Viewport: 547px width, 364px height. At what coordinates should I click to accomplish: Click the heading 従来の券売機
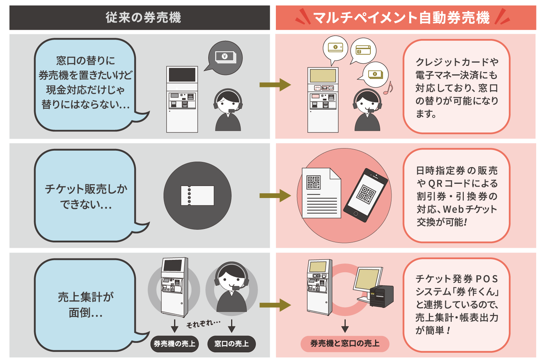click(x=143, y=17)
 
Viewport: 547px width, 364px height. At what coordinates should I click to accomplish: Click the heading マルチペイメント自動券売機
click(x=401, y=17)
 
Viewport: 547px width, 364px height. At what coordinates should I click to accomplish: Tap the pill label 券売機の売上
click(x=174, y=344)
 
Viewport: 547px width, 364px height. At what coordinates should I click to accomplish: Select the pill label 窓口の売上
click(x=232, y=344)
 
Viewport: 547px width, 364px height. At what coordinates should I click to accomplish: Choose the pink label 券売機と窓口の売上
click(x=345, y=344)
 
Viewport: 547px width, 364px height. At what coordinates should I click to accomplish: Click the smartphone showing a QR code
click(x=366, y=195)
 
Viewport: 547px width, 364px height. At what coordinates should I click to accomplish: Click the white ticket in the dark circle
click(x=197, y=195)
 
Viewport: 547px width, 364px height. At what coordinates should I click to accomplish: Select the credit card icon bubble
click(x=363, y=50)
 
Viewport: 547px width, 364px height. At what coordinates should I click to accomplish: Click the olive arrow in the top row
click(x=275, y=85)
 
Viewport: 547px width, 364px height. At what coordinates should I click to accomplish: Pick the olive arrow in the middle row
click(x=275, y=195)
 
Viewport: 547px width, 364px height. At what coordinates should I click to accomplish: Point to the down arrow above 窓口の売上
click(x=232, y=325)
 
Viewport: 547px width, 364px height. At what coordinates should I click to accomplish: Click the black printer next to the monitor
click(x=382, y=296)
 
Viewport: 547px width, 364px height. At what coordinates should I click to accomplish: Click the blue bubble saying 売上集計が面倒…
click(x=86, y=305)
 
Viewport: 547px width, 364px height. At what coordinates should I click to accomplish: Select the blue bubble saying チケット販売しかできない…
click(x=86, y=196)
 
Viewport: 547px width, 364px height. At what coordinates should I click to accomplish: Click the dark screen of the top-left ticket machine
click(x=182, y=75)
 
